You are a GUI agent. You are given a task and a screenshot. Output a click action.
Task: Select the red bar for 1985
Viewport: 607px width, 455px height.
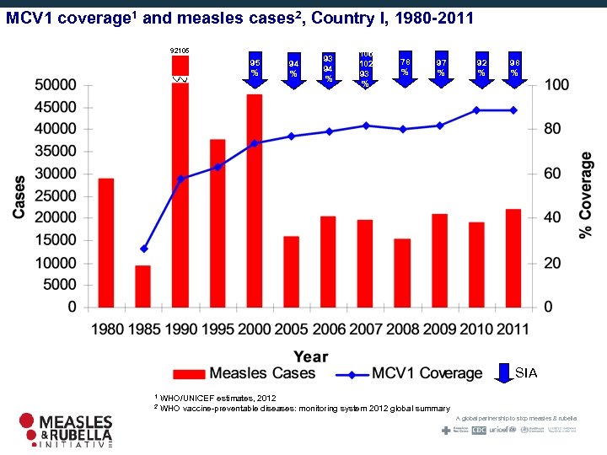(x=143, y=286)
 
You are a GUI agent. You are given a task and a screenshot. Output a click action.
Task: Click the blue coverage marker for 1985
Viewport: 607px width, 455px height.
(x=143, y=249)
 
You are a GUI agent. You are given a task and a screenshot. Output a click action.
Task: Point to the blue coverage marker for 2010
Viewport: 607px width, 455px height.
(x=476, y=110)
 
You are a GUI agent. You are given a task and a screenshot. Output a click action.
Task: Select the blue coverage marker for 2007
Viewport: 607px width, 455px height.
(x=365, y=126)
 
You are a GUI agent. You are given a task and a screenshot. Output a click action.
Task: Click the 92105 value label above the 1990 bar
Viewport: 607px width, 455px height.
(x=180, y=51)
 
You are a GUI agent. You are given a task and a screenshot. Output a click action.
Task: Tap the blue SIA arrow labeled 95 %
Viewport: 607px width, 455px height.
(x=255, y=68)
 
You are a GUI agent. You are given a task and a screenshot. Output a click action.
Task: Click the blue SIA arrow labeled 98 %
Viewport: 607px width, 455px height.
(x=514, y=67)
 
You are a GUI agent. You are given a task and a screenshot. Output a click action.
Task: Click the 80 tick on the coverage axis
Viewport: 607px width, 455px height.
(x=551, y=130)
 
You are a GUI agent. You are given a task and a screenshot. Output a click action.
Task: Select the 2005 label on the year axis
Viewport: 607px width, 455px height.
(x=291, y=329)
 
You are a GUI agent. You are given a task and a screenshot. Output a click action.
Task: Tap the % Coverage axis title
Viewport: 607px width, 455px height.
(x=585, y=195)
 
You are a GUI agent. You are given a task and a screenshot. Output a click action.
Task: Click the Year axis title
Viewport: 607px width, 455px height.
(x=310, y=356)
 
